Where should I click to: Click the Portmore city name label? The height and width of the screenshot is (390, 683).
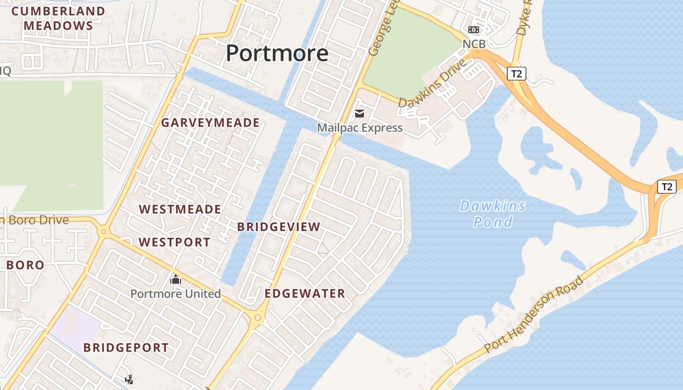click(x=277, y=53)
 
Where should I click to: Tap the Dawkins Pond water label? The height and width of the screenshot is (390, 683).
click(x=493, y=214)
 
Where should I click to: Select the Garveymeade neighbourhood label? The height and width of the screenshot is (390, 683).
click(x=210, y=122)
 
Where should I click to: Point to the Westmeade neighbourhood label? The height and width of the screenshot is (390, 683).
click(x=180, y=210)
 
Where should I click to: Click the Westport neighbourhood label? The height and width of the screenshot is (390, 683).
click(x=175, y=242)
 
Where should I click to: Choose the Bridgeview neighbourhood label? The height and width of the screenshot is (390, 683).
click(x=279, y=227)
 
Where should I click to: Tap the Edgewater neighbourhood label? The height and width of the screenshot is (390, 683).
click(x=305, y=293)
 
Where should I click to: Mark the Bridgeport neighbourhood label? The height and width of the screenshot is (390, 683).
click(x=126, y=348)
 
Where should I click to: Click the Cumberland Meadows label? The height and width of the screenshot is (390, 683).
click(x=58, y=19)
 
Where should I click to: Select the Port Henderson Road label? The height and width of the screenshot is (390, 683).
click(x=534, y=314)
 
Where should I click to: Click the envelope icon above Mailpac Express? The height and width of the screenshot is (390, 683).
click(x=360, y=114)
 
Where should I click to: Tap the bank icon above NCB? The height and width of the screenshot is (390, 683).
click(x=474, y=30)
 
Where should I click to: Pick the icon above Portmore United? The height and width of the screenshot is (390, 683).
click(x=176, y=280)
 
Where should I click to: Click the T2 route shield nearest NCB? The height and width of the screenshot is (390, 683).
click(x=517, y=74)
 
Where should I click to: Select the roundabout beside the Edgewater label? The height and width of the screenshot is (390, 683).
click(x=258, y=318)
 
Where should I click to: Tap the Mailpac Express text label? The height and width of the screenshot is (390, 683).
click(x=360, y=128)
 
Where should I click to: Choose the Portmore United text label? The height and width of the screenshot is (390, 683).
click(x=176, y=293)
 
